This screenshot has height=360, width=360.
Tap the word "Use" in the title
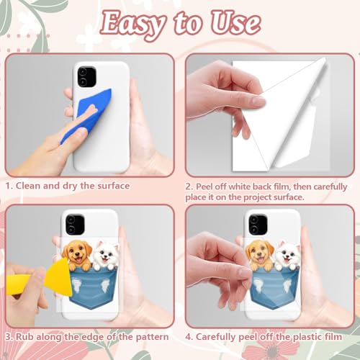235,24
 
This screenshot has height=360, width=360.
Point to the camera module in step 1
86,76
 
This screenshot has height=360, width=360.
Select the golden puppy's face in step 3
77,253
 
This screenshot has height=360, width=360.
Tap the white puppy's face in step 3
106,254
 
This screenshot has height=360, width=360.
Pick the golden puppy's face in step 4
260,253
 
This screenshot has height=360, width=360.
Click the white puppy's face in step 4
287,254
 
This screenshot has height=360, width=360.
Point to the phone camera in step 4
258,224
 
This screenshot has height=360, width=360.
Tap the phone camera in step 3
75,224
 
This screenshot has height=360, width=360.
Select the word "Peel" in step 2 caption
204,186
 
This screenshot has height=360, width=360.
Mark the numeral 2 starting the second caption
188,187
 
